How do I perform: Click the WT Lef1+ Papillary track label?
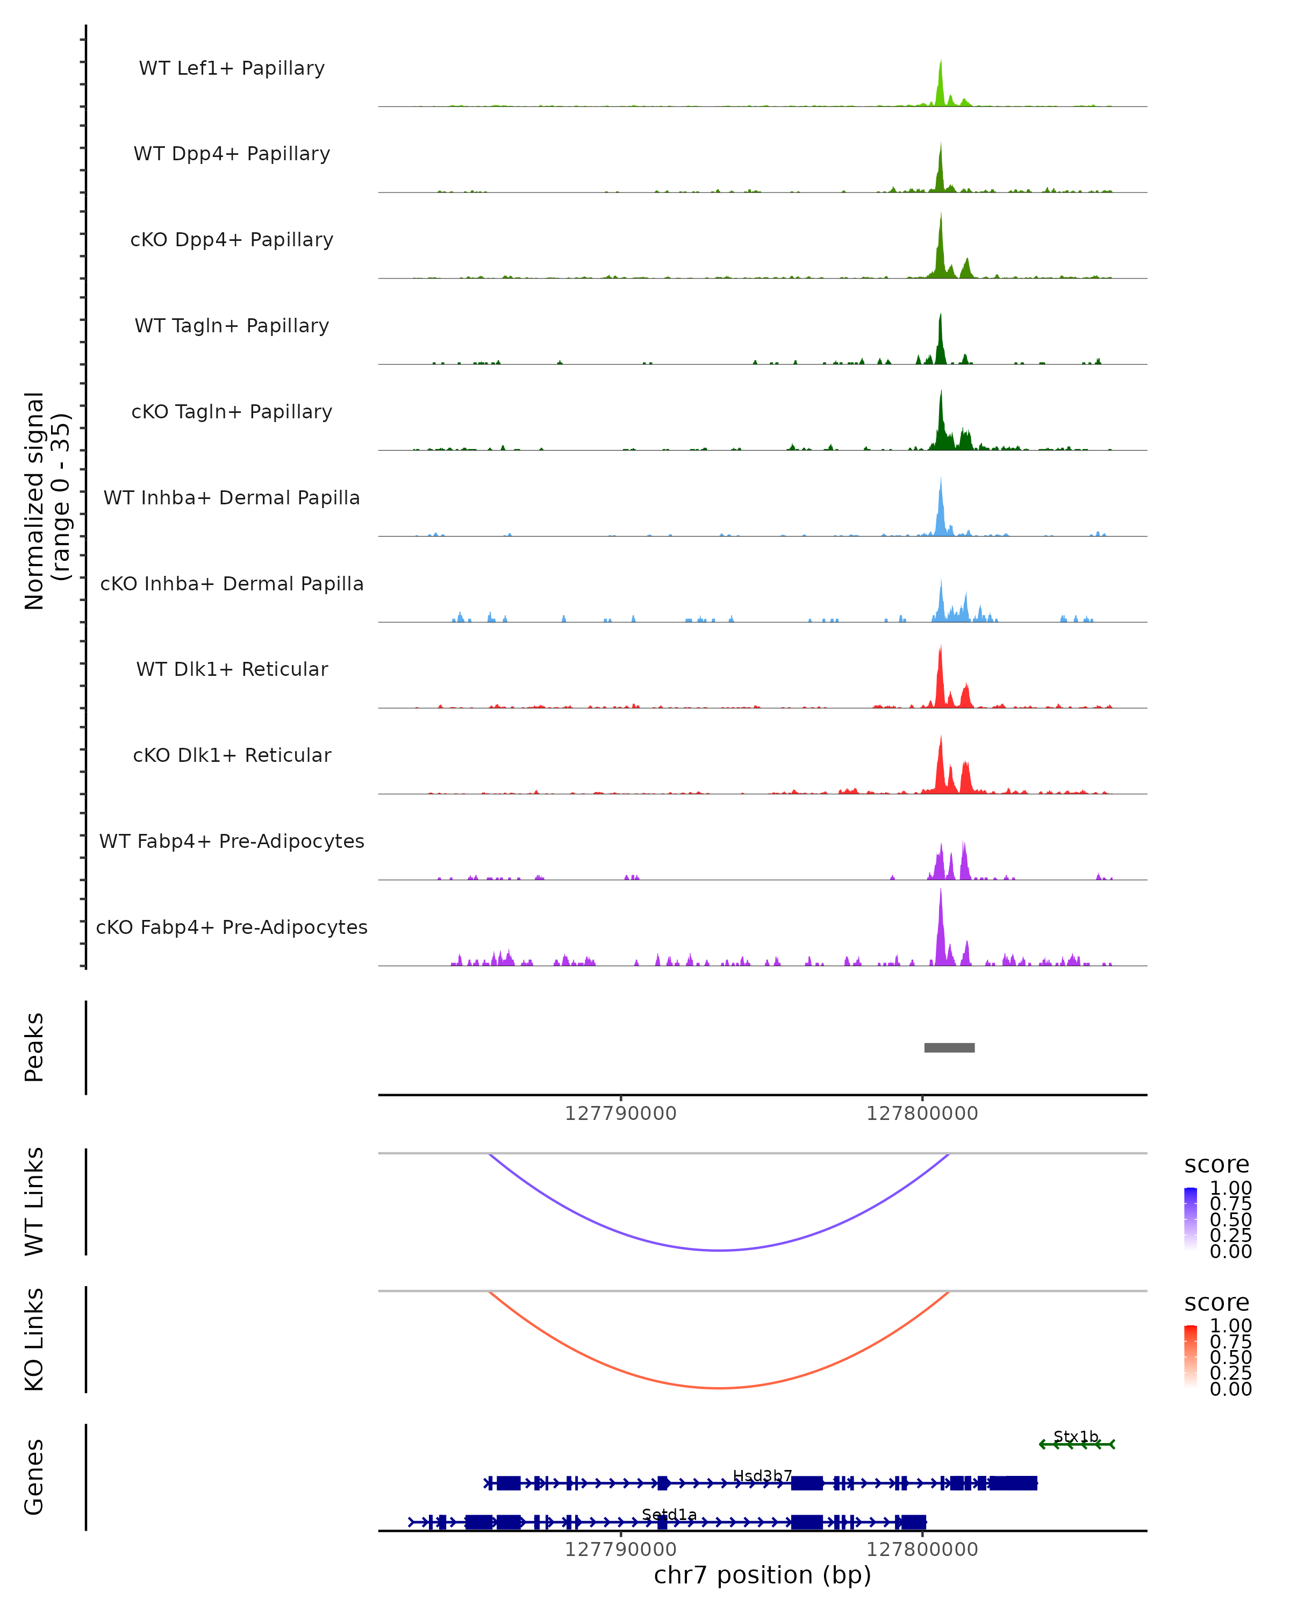tap(232, 68)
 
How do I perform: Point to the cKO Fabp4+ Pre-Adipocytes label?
tap(232, 927)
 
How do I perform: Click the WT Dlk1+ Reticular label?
tap(232, 669)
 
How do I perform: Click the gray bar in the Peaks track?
tap(949, 1047)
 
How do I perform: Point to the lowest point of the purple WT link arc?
tap(719, 1250)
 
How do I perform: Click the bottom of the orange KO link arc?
tap(719, 1388)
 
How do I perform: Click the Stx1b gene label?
tap(1076, 1437)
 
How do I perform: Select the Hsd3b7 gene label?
tap(762, 1475)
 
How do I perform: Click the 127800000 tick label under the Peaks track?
tap(922, 1114)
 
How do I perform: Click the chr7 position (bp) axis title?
tap(762, 1575)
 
